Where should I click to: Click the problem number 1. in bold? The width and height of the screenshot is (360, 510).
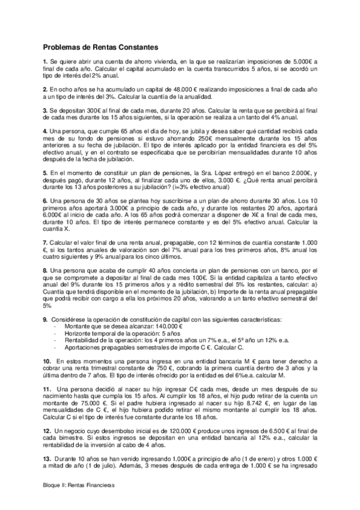45,63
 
